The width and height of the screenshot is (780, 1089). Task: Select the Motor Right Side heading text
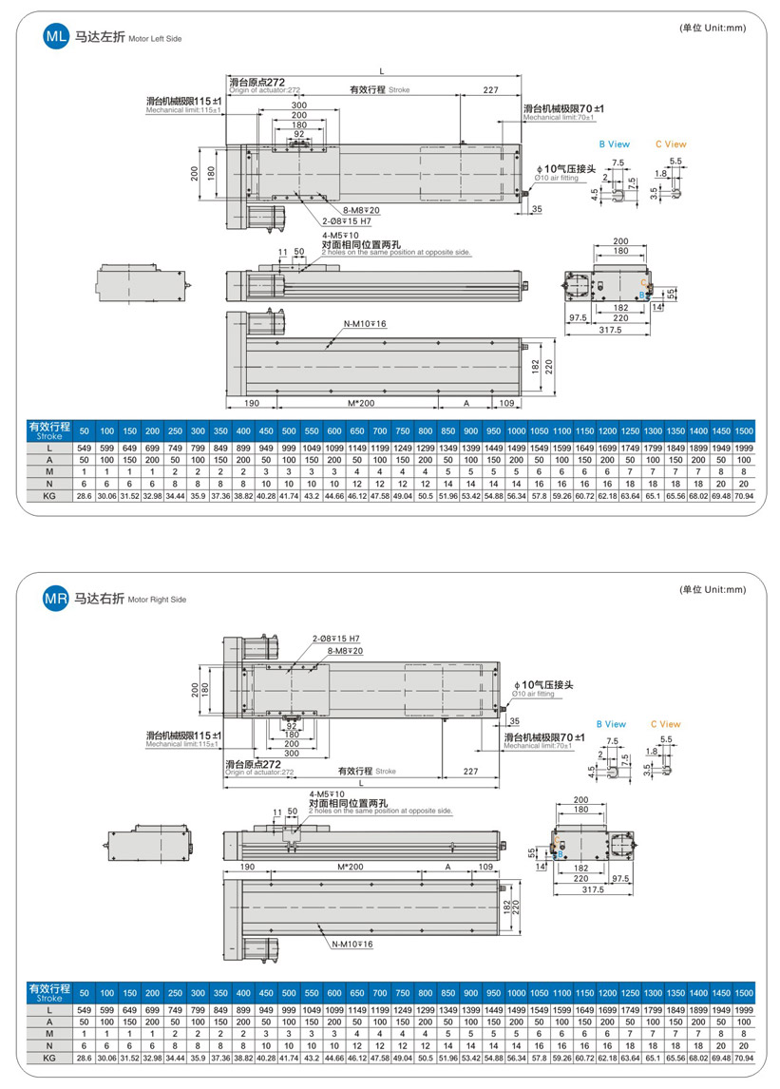(158, 601)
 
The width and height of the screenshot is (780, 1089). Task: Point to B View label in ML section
(614, 144)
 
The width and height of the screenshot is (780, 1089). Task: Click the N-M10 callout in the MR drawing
(353, 944)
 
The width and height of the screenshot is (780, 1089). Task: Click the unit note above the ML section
(713, 28)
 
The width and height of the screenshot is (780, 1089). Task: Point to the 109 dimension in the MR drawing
(485, 868)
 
